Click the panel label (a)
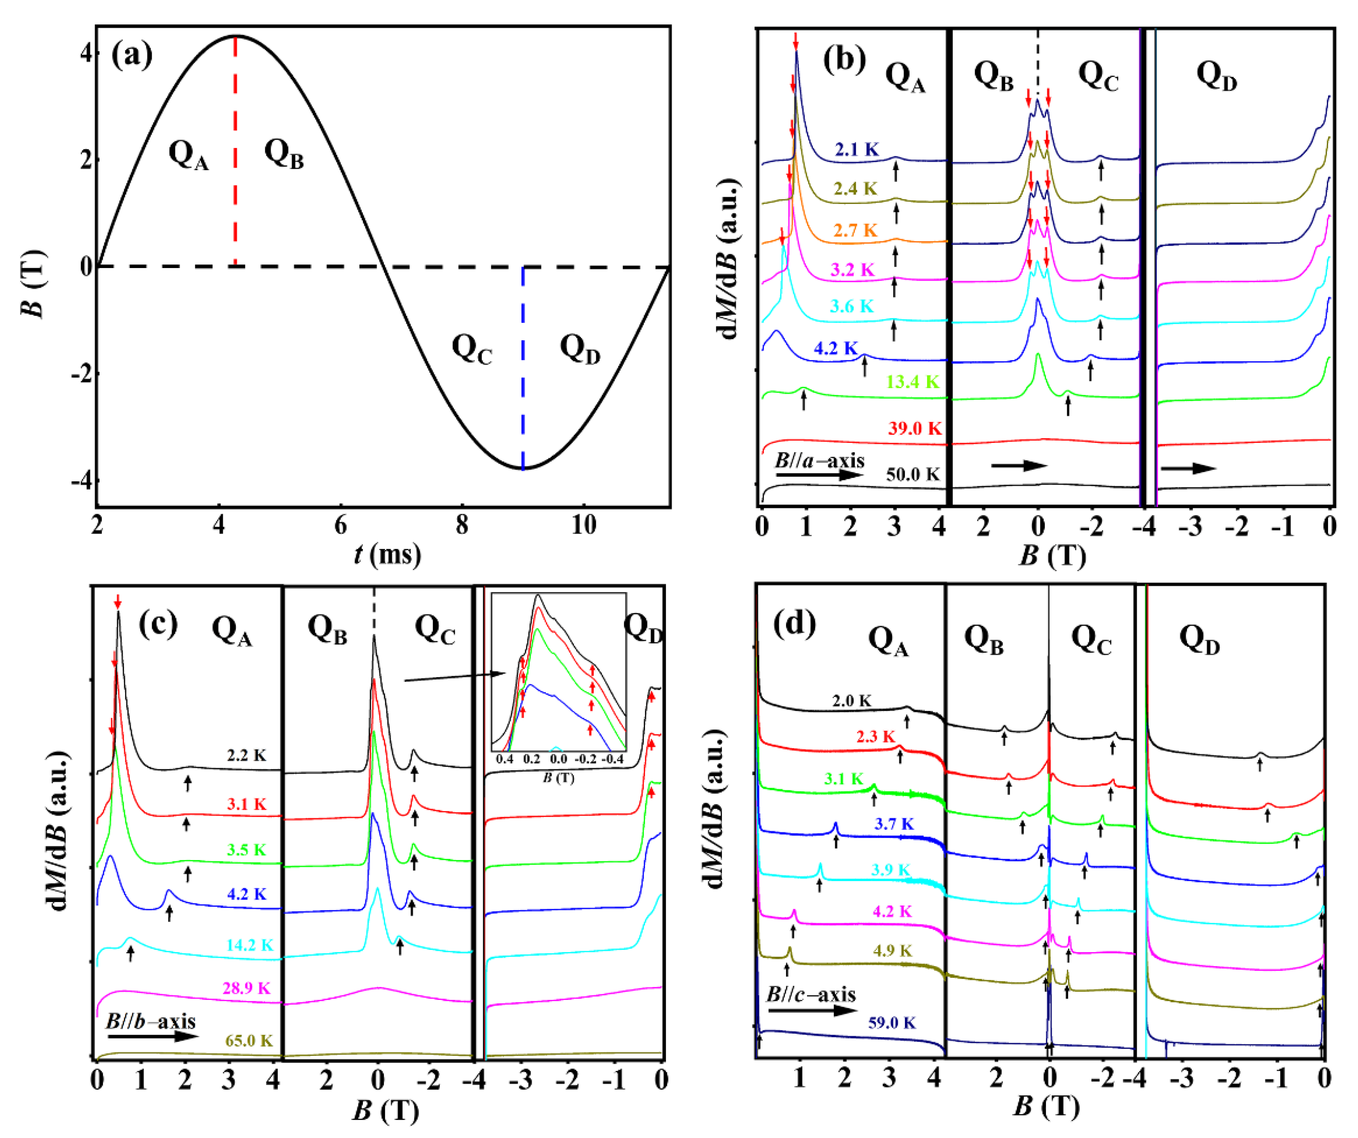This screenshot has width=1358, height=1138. tap(132, 55)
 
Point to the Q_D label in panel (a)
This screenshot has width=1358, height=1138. tap(580, 349)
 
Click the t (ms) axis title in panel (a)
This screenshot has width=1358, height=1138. tap(387, 554)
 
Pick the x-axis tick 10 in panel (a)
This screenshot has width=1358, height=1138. tap(583, 525)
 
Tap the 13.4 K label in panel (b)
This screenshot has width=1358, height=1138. tap(912, 381)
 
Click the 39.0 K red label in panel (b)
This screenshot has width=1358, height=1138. tap(914, 428)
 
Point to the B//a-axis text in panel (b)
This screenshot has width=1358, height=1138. tap(819, 461)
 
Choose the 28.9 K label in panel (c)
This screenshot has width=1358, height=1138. tap(246, 988)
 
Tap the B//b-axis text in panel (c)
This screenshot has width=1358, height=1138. tap(150, 1021)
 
